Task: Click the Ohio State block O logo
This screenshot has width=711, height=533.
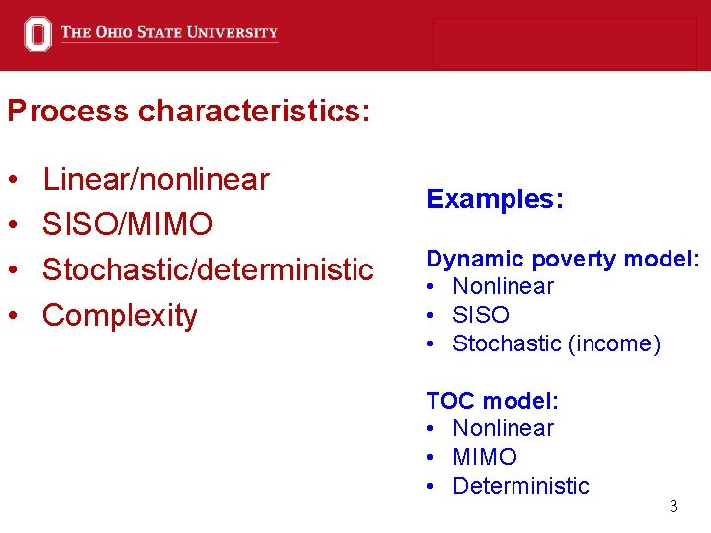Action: [x=38, y=35]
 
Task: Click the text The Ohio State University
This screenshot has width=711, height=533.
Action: [x=169, y=33]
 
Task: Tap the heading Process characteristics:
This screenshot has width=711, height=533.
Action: [x=189, y=111]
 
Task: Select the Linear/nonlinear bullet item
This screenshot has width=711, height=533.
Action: [x=156, y=179]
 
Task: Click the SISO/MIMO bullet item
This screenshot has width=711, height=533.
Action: [x=128, y=224]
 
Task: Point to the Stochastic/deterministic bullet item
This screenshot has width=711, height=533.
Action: [x=208, y=269]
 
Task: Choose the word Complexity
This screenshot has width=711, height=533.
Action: [x=120, y=315]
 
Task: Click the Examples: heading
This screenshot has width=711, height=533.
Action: [x=495, y=199]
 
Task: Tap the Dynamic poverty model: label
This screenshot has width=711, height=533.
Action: [x=563, y=259]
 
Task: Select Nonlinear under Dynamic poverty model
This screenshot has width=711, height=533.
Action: [x=503, y=287]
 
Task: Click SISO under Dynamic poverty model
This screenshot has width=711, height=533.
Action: [x=481, y=315]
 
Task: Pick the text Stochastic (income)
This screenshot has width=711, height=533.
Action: [x=556, y=343]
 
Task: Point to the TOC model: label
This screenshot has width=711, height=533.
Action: [x=492, y=401]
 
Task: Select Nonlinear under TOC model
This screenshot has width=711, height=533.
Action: [x=503, y=428]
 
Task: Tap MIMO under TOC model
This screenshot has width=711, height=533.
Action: [x=485, y=457]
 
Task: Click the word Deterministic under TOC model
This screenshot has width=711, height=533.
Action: [x=520, y=486]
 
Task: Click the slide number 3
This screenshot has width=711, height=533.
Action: [x=673, y=507]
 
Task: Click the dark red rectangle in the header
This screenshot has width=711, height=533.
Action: [x=564, y=43]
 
